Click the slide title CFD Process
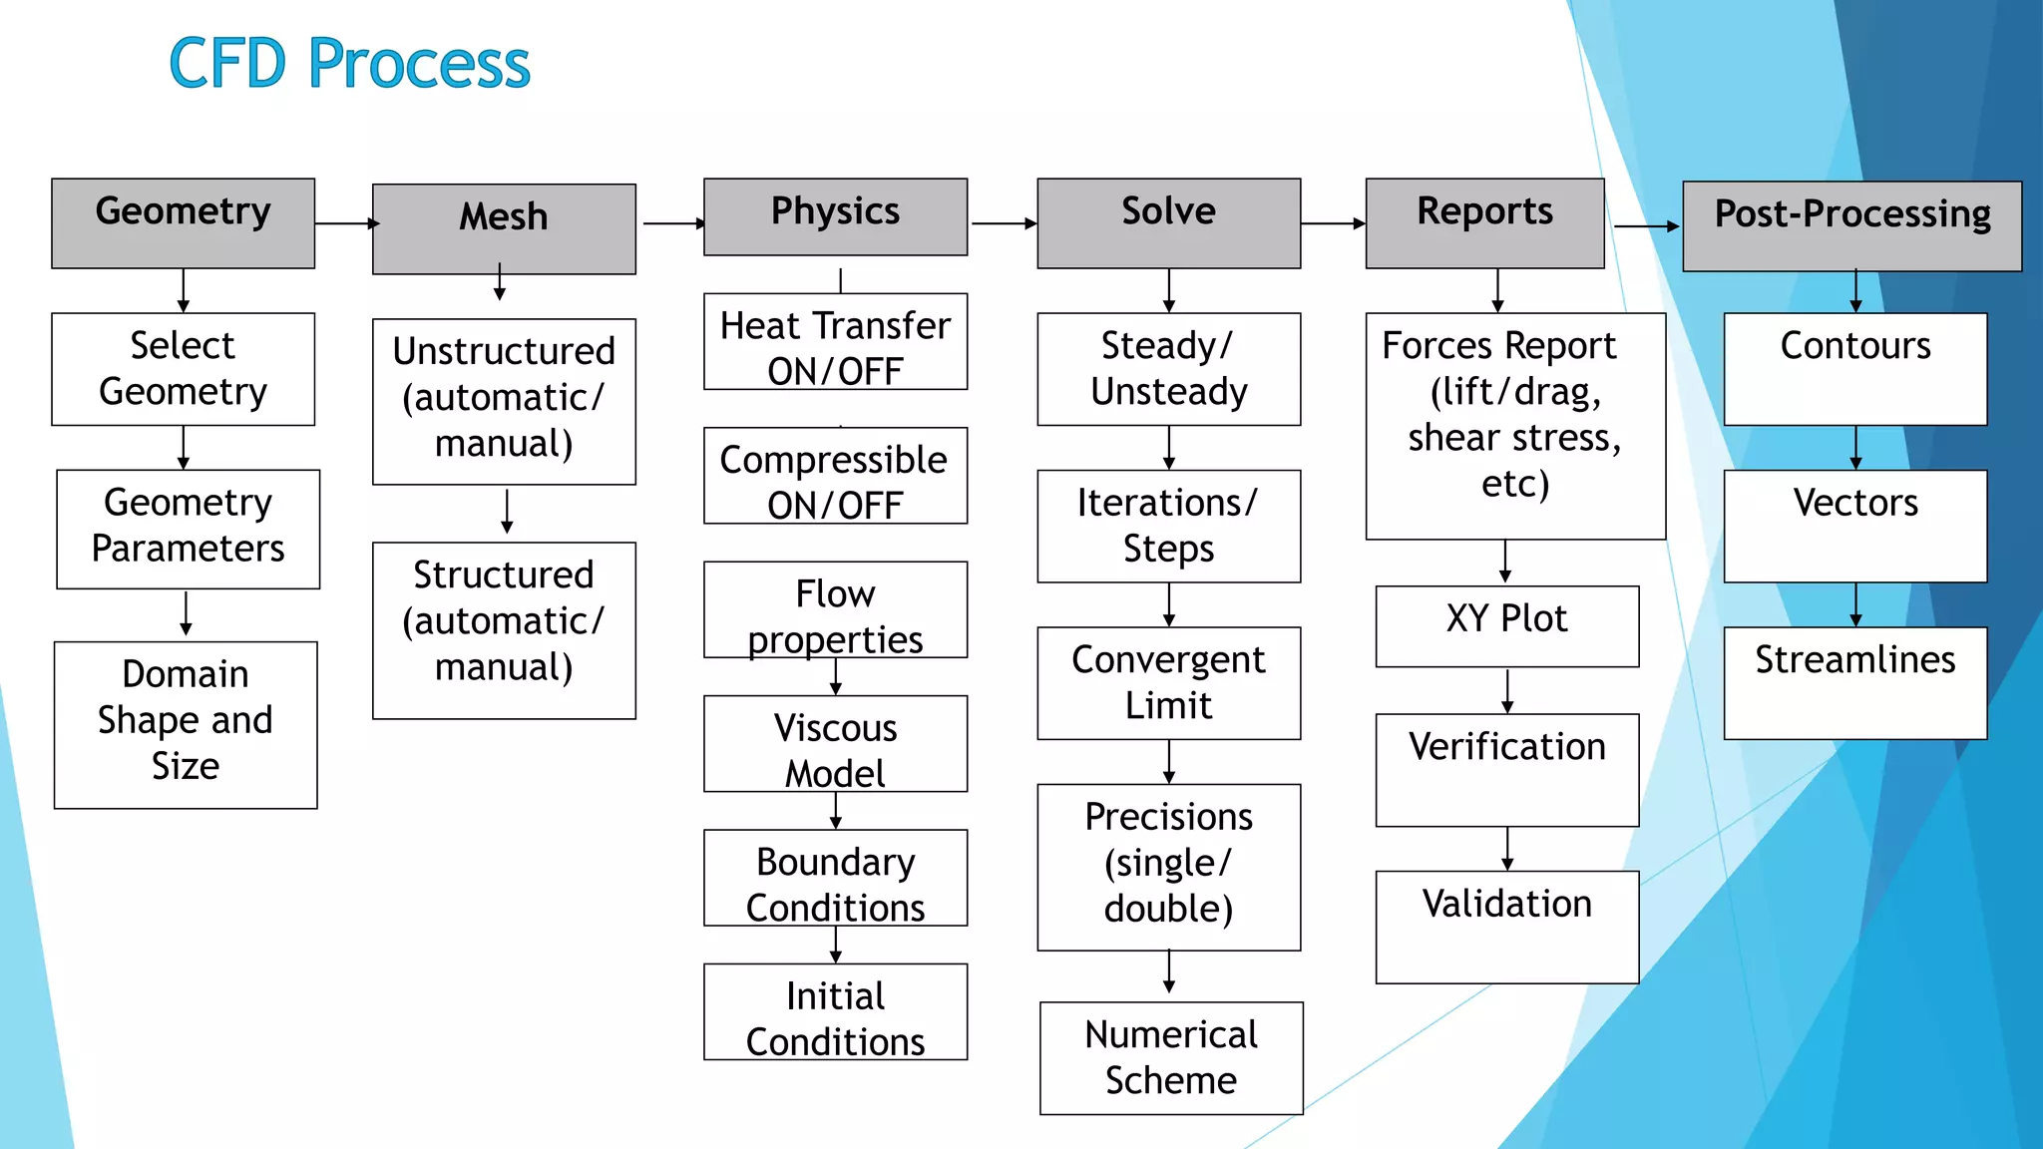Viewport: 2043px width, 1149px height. (x=349, y=63)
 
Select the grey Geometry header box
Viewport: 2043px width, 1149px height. (x=184, y=223)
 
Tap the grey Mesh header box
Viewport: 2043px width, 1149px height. (x=504, y=228)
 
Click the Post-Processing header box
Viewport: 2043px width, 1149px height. (x=1851, y=226)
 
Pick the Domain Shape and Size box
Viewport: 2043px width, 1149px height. (x=186, y=724)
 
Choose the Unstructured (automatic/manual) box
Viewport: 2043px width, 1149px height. (x=504, y=401)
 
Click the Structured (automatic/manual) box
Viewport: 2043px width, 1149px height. (x=504, y=630)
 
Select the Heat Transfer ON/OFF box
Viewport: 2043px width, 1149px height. (x=835, y=341)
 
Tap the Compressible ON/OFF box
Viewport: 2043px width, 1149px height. (x=835, y=476)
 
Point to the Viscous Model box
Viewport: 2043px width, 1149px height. (x=835, y=744)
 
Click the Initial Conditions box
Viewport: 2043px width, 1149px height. (x=835, y=1011)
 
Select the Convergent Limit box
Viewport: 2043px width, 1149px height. (x=1168, y=683)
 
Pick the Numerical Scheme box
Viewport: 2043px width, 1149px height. (x=1171, y=1058)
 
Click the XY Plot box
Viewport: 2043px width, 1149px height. (x=1506, y=626)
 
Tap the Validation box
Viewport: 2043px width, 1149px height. (x=1506, y=927)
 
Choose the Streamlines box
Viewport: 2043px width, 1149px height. (x=1854, y=683)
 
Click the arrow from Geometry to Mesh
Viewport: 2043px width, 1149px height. (x=345, y=223)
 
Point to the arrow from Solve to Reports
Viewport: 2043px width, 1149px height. (x=1334, y=223)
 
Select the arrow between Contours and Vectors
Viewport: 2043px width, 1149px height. (x=1855, y=448)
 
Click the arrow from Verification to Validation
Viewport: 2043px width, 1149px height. (x=1507, y=849)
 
